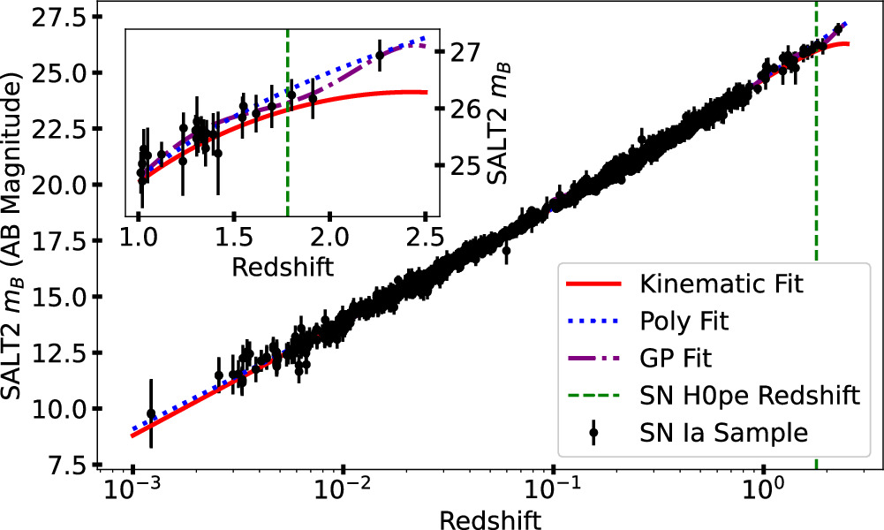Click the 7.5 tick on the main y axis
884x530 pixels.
(69, 465)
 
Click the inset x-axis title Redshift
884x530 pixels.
(283, 266)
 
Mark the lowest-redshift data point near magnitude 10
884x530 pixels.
(151, 413)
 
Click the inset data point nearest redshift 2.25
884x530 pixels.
(380, 55)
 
